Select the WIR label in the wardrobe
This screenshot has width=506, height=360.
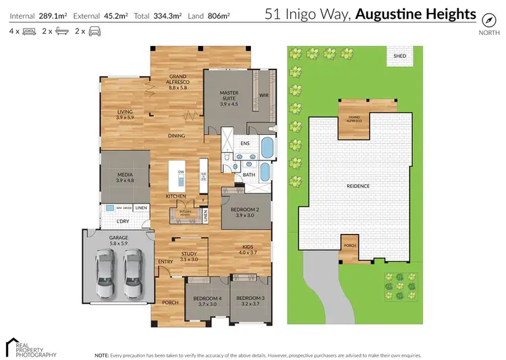(264, 96)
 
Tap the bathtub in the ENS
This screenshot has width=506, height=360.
(267, 146)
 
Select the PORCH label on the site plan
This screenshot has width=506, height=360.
(349, 246)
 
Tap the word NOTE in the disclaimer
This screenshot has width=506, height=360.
(102, 355)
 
